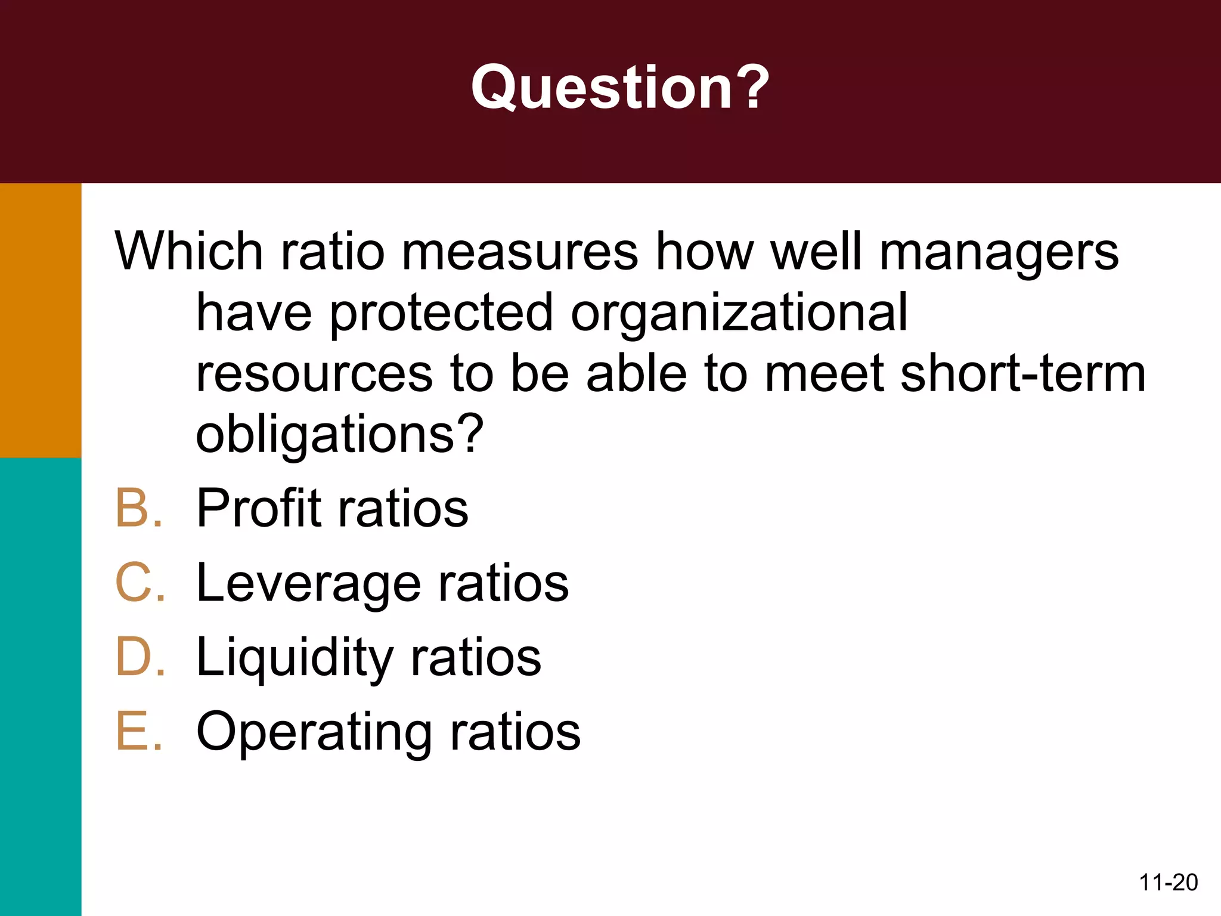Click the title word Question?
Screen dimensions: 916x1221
[x=620, y=88]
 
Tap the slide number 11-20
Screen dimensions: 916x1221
[x=1168, y=882]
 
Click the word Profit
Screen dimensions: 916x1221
[x=259, y=508]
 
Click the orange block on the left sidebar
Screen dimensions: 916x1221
[x=41, y=320]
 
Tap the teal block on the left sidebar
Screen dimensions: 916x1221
[x=41, y=686]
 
